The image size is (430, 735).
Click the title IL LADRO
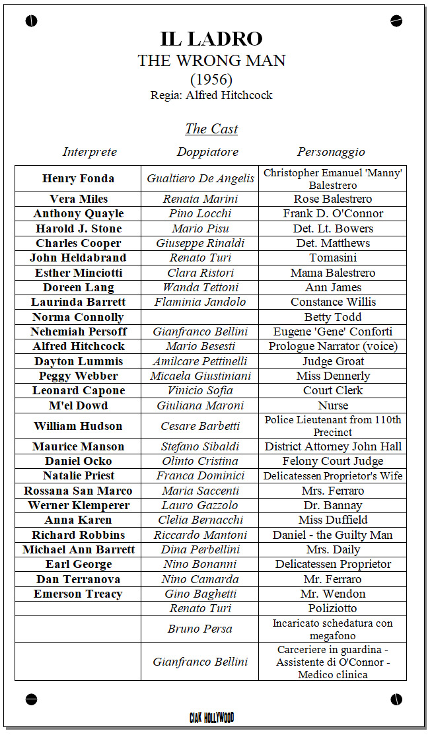[211, 38]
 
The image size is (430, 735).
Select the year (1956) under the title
[211, 79]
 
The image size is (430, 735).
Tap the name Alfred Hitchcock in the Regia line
[229, 95]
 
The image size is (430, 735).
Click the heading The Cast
[211, 129]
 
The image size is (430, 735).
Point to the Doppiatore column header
[207, 152]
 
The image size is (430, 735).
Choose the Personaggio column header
[331, 152]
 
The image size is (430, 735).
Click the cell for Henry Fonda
[78, 178]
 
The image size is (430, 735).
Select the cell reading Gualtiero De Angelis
[200, 178]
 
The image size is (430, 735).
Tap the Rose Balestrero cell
[333, 199]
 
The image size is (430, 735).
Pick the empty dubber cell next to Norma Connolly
[199, 317]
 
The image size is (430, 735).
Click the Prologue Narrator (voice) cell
[333, 346]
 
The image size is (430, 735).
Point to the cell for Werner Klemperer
[78, 505]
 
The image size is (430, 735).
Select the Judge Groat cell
[333, 361]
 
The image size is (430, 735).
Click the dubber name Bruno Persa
[199, 629]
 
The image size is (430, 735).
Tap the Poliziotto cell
[333, 608]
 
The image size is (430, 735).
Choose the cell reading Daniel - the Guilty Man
[333, 535]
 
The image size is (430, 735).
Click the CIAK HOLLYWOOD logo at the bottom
[211, 717]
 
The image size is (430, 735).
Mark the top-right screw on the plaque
[396, 21]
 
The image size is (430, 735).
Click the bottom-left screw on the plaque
[31, 699]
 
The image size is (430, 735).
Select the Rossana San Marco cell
[78, 491]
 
